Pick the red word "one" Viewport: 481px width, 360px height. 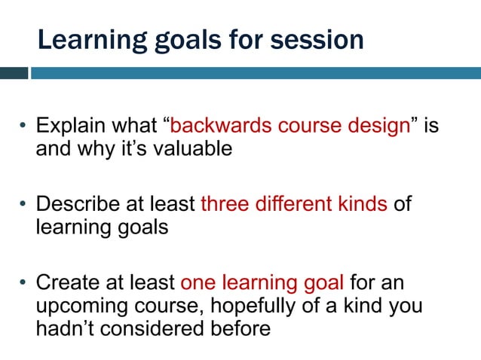point(198,284)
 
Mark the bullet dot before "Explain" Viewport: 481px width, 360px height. point(23,127)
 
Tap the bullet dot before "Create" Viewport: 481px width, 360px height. point(23,285)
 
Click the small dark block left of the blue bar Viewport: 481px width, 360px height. point(14,73)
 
